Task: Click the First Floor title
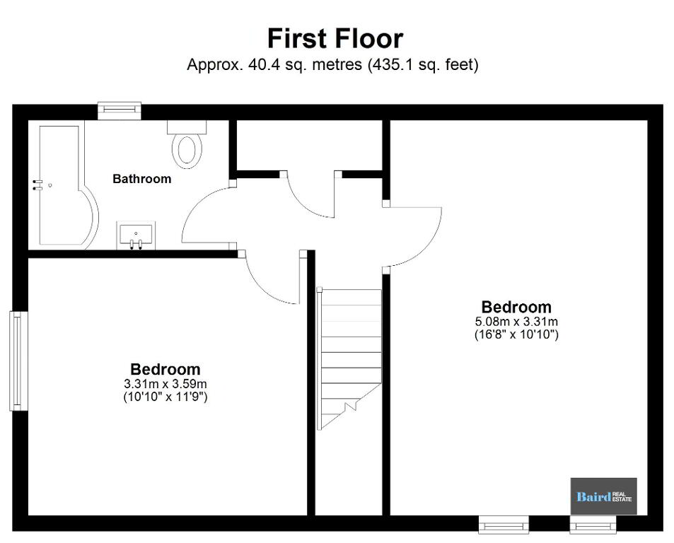coord(335,38)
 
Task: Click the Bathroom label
coord(142,179)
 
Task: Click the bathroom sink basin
coord(136,235)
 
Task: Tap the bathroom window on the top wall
coord(120,110)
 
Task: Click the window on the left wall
coord(18,361)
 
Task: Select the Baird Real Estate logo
coord(603,496)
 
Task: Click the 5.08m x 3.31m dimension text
coord(516,321)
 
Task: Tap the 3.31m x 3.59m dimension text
coord(165,383)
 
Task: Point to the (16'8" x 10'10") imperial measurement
coord(516,334)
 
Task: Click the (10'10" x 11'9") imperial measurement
coord(165,397)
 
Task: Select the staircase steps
coord(349,359)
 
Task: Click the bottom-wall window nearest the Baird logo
coord(593,525)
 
